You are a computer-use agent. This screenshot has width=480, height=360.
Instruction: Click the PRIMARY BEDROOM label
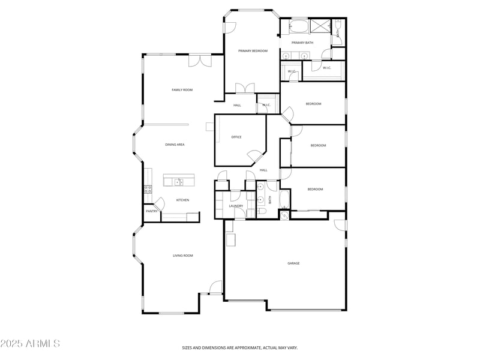[x=253, y=51]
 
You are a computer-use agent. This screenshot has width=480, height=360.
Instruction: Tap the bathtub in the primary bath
[x=299, y=27]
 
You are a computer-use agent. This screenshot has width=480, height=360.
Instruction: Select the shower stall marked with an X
[x=321, y=26]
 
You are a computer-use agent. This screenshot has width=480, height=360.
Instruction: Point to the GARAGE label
[x=293, y=263]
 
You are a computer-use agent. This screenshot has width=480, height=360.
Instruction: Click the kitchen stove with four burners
[x=148, y=189]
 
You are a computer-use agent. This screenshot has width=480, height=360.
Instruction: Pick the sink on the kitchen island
[x=179, y=182]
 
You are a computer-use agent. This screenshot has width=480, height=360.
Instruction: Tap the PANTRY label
[x=152, y=211]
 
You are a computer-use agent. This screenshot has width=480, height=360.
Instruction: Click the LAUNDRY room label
[x=236, y=206]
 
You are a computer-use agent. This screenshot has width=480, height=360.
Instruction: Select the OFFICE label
[x=236, y=137]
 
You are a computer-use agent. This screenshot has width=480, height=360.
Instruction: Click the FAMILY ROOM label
[x=182, y=90]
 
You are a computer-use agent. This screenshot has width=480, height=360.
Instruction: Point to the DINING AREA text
[x=175, y=145]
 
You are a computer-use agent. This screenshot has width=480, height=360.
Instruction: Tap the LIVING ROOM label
[x=183, y=256]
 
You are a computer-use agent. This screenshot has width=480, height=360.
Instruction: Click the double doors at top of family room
[x=199, y=61]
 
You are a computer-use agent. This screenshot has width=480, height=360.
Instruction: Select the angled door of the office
[x=254, y=157]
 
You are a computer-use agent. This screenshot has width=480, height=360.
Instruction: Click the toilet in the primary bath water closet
[x=338, y=25]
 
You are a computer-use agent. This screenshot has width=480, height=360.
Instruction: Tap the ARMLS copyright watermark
[x=30, y=344]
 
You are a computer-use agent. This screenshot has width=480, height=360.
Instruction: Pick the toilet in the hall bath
[x=262, y=212]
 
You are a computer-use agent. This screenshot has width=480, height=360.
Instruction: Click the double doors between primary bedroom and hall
[x=245, y=88]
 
